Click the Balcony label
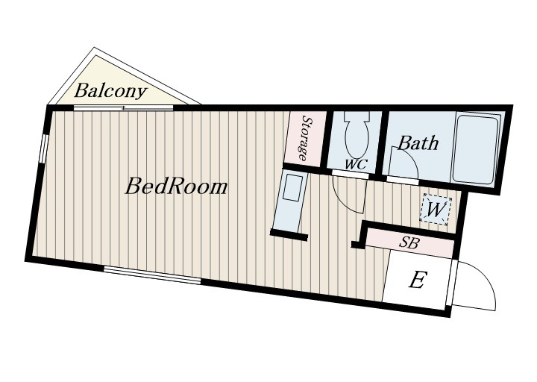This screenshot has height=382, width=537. click(110, 91)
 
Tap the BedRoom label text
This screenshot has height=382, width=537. click(176, 187)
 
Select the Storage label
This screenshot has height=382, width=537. click(306, 139)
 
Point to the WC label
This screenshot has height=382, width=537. click(356, 164)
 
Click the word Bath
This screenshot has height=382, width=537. click(418, 143)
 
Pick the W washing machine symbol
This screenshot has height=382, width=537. click(436, 210)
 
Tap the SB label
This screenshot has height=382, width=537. click(409, 243)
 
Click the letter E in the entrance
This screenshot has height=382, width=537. click(418, 280)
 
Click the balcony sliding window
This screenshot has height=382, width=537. click(123, 108)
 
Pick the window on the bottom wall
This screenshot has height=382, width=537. click(152, 275)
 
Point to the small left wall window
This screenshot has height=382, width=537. click(43, 148)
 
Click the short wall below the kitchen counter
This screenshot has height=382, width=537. click(289, 234)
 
